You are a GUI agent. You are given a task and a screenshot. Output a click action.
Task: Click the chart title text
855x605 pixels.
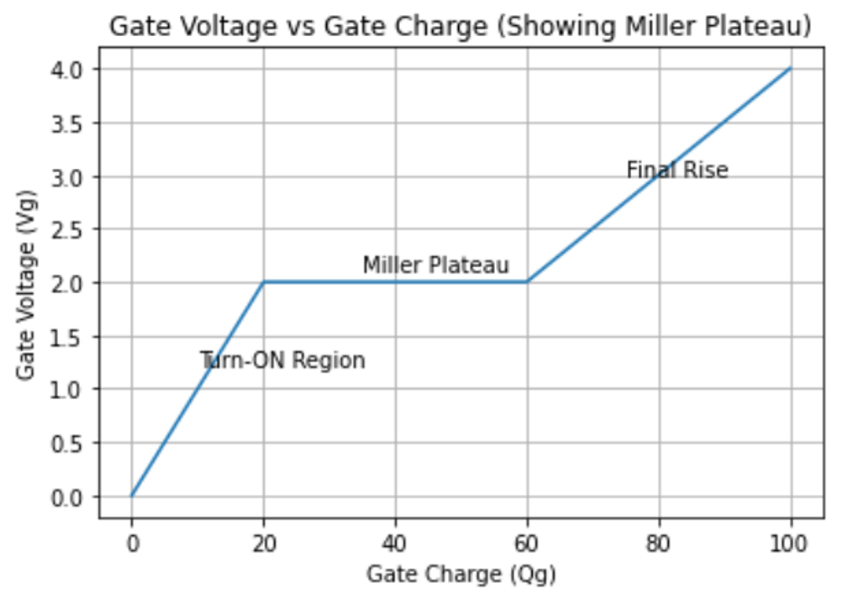click(x=460, y=27)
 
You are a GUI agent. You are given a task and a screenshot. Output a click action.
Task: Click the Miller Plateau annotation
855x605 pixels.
click(x=436, y=265)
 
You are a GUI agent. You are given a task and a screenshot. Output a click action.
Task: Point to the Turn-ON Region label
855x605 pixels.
click(x=283, y=360)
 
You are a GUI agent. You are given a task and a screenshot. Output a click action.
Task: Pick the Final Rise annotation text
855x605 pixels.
click(x=677, y=170)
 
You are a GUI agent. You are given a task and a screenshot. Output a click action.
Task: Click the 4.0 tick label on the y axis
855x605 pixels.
click(x=75, y=69)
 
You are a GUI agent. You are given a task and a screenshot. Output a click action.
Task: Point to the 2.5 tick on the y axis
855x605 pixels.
click(x=75, y=229)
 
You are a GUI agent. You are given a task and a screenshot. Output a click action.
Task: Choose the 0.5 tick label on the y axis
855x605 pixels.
click(x=75, y=443)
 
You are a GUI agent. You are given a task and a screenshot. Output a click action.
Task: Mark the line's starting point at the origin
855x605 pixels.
click(x=131, y=496)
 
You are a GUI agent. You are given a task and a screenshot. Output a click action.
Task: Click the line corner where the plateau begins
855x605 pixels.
click(x=264, y=282)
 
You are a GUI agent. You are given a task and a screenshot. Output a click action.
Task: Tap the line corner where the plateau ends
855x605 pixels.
click(x=527, y=282)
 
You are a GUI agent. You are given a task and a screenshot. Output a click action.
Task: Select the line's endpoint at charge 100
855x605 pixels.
click(x=791, y=68)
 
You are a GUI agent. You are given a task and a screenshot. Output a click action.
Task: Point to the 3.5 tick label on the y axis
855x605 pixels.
click(x=75, y=122)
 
